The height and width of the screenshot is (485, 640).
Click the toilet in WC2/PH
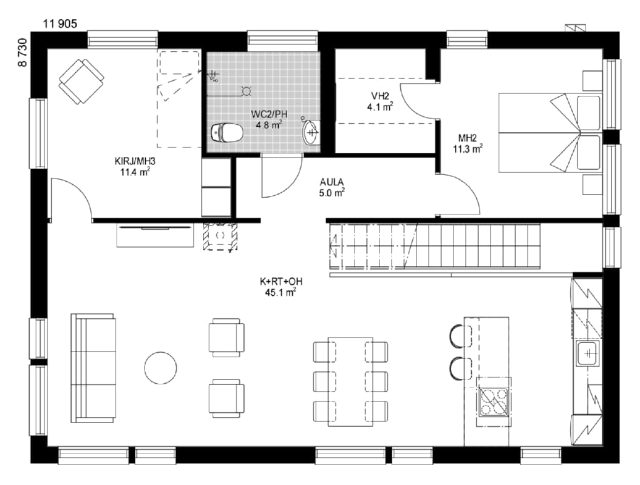(x=227, y=132)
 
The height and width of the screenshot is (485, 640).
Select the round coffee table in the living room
(x=160, y=368)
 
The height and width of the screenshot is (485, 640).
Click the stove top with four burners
(x=494, y=401)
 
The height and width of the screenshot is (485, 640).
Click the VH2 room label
(x=380, y=96)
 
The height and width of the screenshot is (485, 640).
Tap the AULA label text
(x=332, y=182)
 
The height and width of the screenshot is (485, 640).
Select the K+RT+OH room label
(x=281, y=282)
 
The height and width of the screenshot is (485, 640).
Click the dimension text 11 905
(x=60, y=24)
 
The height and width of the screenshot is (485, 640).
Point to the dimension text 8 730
(x=22, y=52)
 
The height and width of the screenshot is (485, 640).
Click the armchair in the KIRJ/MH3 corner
(x=81, y=81)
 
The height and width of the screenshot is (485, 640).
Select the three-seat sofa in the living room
(x=93, y=368)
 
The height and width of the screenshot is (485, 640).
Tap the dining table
(x=350, y=381)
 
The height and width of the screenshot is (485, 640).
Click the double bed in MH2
(x=550, y=132)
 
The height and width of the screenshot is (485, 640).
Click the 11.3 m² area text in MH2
(x=468, y=149)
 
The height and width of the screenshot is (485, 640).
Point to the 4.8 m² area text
(x=269, y=125)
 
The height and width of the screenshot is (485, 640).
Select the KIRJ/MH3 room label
(x=135, y=162)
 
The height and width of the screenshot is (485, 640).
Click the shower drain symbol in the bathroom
(x=247, y=91)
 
